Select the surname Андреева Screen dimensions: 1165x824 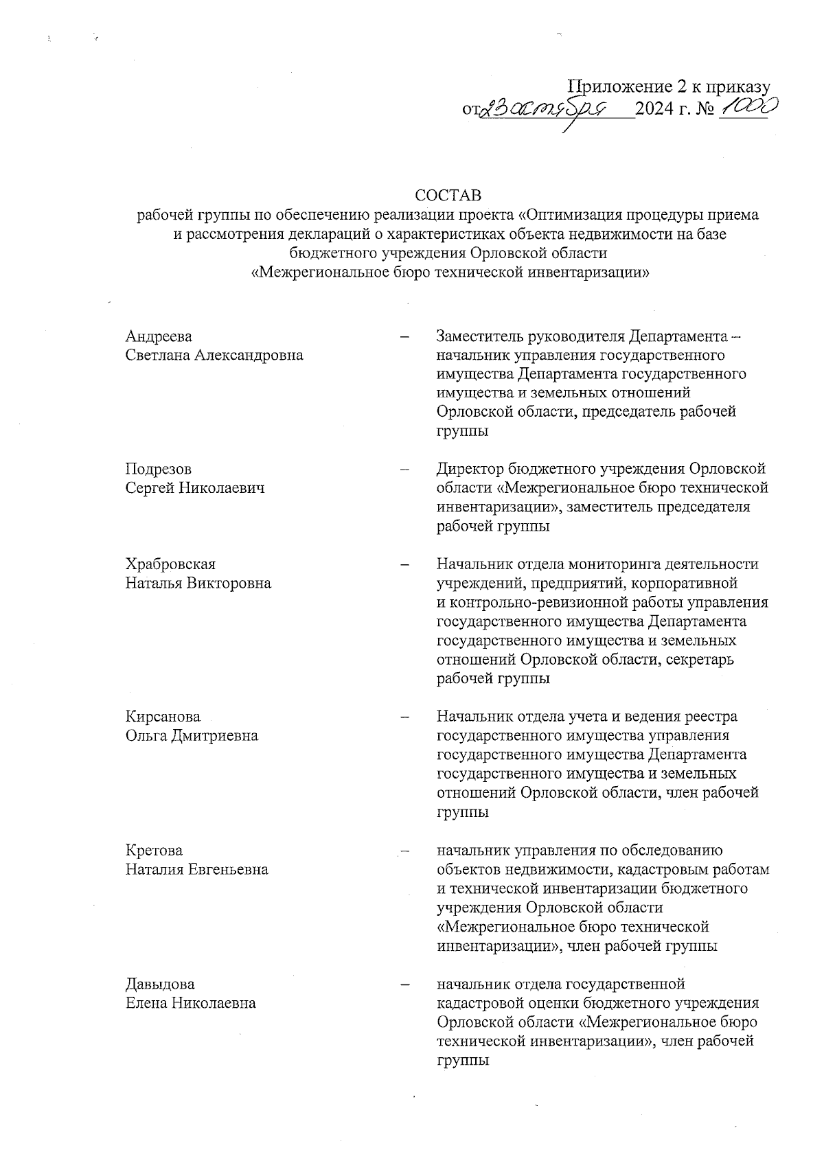(x=159, y=336)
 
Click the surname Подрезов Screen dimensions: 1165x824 (x=159, y=469)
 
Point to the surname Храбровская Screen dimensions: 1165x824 (x=170, y=564)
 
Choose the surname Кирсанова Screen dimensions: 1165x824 (x=163, y=717)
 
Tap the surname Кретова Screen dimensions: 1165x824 (x=154, y=851)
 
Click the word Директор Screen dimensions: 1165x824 (x=470, y=469)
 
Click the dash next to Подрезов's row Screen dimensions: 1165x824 (x=405, y=470)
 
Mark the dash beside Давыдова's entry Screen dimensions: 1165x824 (x=405, y=984)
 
